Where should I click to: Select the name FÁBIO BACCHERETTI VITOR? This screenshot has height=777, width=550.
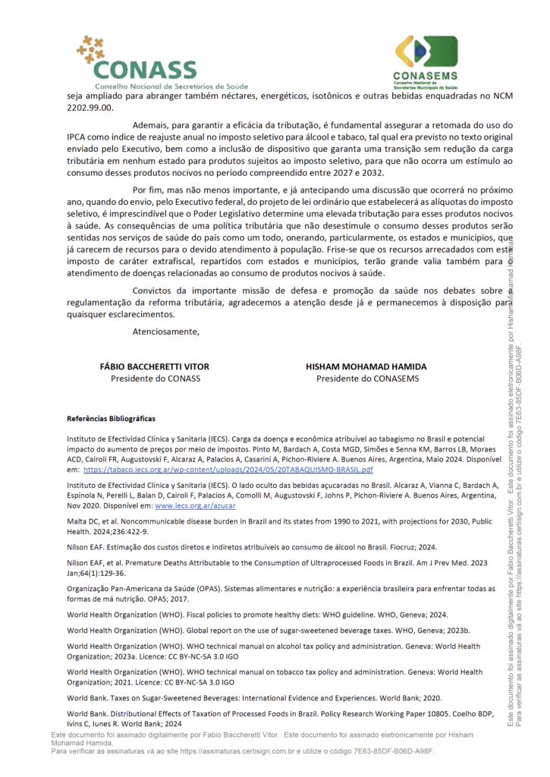(x=155, y=366)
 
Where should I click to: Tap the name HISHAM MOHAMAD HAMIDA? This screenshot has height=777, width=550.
(x=366, y=366)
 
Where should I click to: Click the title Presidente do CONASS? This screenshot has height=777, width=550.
(x=155, y=379)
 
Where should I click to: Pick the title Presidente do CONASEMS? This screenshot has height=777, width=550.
(x=367, y=379)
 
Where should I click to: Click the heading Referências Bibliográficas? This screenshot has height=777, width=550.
(x=111, y=419)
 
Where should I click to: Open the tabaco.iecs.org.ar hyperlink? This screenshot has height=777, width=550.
(x=228, y=470)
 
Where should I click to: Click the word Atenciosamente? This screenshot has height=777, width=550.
(x=165, y=331)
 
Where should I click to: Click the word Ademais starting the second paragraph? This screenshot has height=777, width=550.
(x=150, y=124)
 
